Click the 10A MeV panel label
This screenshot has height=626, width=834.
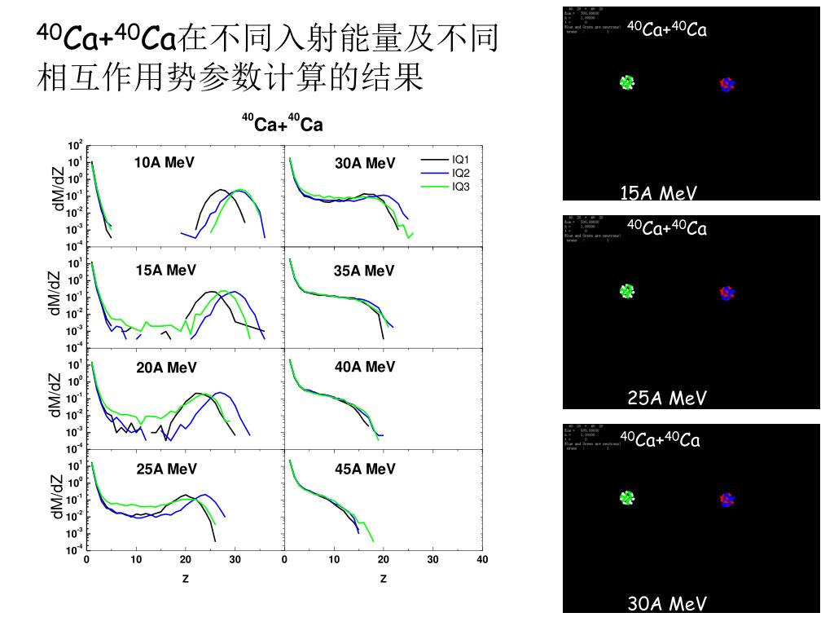click(165, 162)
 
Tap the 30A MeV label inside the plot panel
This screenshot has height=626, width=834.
click(365, 163)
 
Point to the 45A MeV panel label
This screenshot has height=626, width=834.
click(365, 469)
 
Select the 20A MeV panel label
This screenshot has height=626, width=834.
click(166, 368)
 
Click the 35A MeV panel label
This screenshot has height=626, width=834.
click(364, 271)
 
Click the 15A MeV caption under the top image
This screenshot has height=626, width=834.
click(659, 193)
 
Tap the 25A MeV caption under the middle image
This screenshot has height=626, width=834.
click(667, 398)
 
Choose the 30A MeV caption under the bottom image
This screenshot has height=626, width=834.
click(667, 604)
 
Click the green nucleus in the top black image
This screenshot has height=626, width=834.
click(626, 82)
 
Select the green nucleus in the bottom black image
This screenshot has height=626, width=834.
click(626, 497)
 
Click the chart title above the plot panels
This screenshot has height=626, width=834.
click(282, 125)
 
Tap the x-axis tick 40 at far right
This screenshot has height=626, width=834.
click(482, 559)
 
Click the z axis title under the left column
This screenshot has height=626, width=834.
click(186, 579)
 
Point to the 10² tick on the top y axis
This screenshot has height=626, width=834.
click(76, 146)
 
